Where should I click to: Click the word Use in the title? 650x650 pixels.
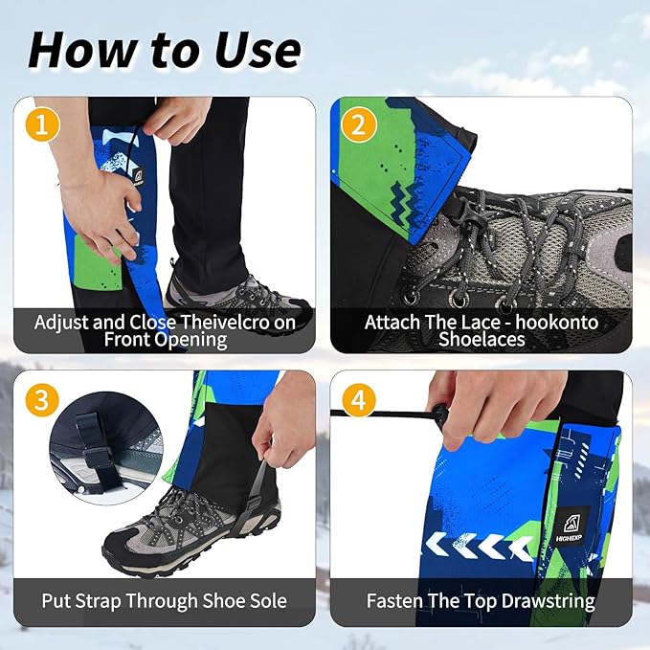(x=251, y=49)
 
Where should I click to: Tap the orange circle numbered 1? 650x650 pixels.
(x=39, y=124)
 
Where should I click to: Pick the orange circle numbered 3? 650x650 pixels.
(x=39, y=398)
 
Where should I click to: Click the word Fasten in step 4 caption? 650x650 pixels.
(x=394, y=601)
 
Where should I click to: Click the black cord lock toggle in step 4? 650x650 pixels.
(x=439, y=415)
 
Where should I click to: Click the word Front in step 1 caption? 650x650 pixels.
(x=129, y=339)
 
